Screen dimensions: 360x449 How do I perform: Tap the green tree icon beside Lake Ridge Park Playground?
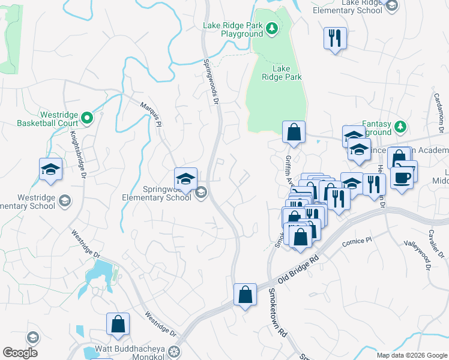[271, 28]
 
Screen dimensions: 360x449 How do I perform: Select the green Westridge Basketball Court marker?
[88, 118]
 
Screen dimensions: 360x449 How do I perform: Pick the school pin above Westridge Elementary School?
[51, 170]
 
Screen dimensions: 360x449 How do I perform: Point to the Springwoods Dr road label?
[209, 82]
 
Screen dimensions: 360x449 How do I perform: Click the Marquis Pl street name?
[151, 113]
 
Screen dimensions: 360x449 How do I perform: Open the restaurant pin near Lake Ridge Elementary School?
[334, 38]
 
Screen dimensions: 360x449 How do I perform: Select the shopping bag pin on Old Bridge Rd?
[245, 295]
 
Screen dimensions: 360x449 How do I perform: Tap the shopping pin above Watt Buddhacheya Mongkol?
[118, 324]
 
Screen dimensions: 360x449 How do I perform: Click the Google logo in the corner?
[20, 352]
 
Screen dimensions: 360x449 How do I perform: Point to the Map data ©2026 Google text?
[412, 355]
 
